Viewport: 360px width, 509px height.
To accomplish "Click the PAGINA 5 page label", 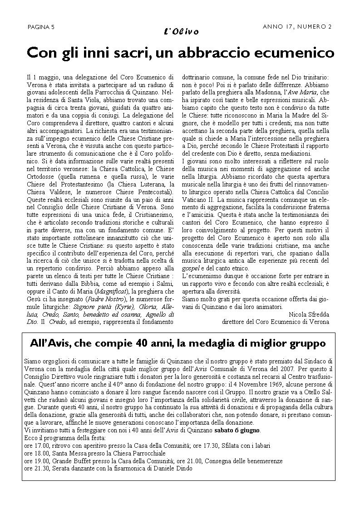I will tap(41, 27).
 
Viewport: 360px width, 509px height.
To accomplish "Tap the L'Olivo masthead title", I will tap(180, 31).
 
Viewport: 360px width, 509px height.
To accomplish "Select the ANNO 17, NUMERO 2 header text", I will tap(297, 27).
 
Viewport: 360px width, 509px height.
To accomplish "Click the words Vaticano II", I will tap(198, 199).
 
